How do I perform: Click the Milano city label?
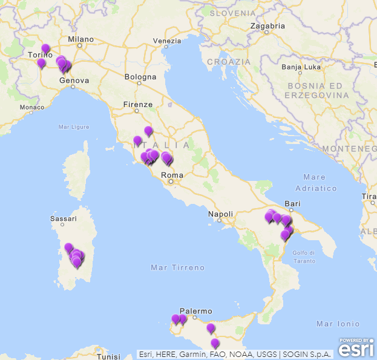[80, 39]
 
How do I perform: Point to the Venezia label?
[167, 41]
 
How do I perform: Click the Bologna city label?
[140, 77]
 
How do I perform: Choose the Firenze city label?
[138, 105]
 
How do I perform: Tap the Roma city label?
[171, 175]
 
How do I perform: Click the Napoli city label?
[220, 214]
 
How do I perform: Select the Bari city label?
[292, 204]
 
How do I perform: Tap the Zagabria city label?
[267, 27]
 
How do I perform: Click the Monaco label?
[31, 107]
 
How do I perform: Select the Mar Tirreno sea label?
[178, 267]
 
